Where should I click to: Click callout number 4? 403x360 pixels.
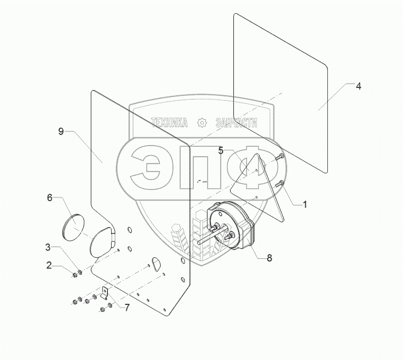tap(358, 86)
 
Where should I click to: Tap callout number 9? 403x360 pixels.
tap(61, 131)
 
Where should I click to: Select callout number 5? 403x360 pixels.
tap(221, 150)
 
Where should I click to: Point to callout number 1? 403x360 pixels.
tap(305, 204)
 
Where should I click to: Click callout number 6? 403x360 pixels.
tap(50, 197)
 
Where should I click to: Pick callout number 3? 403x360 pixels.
tap(48, 247)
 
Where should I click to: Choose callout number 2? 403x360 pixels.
tap(49, 265)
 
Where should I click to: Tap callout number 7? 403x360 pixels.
tap(127, 308)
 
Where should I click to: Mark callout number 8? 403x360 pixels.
tap(269, 258)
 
